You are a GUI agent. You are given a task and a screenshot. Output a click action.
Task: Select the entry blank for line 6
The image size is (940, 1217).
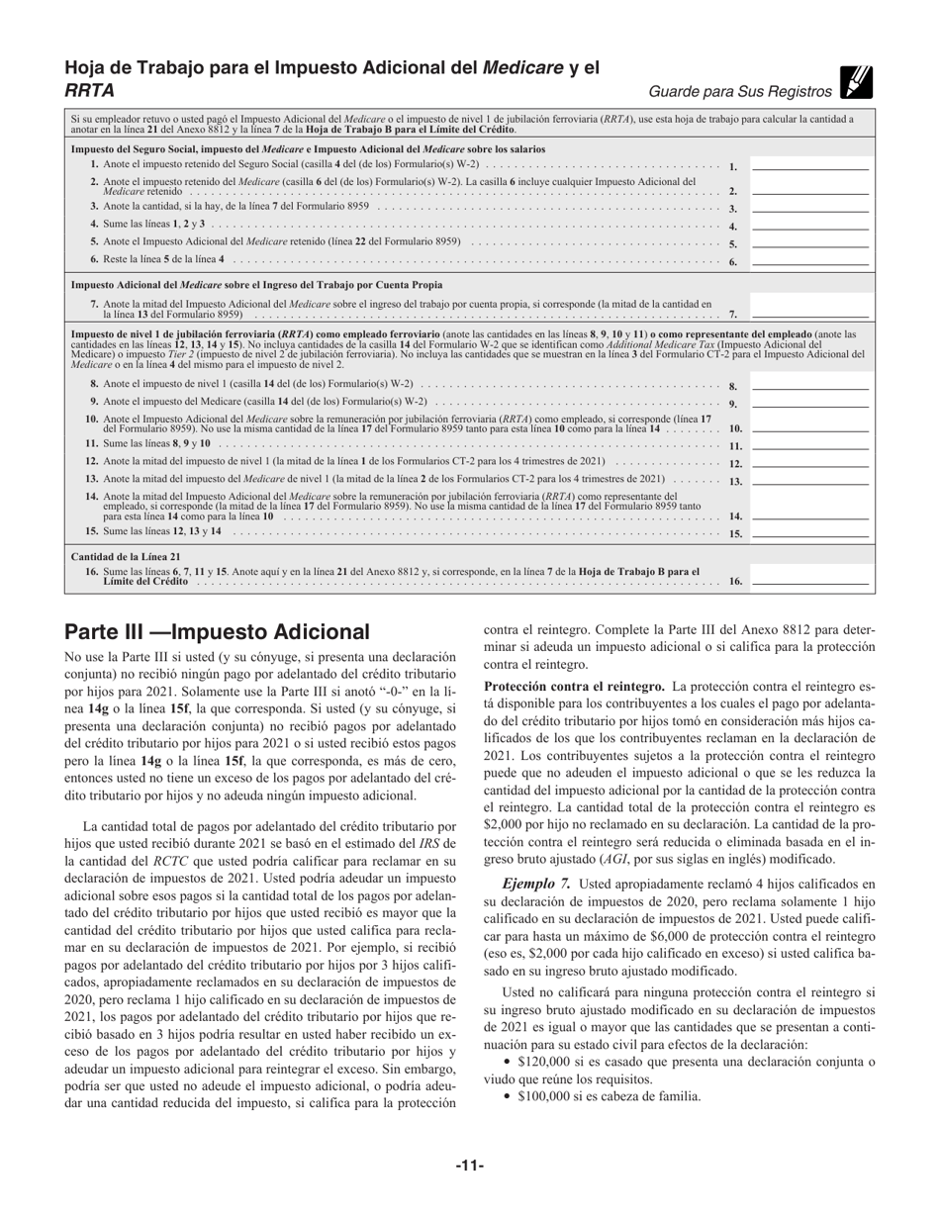click(809, 260)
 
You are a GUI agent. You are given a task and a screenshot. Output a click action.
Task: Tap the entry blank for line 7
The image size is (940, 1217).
click(809, 309)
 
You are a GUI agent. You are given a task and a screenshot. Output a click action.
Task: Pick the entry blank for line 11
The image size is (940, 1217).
click(809, 444)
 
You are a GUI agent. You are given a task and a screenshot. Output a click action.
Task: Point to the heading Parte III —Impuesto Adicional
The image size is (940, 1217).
click(217, 631)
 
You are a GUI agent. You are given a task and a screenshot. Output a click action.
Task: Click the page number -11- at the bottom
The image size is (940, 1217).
click(469, 1167)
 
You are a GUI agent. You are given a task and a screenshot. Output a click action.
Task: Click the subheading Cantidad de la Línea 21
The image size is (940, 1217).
click(125, 556)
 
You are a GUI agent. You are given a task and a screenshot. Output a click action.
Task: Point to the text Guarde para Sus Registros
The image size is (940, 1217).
click(740, 92)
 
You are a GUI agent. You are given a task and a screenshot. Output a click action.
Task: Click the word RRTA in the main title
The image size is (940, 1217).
click(89, 91)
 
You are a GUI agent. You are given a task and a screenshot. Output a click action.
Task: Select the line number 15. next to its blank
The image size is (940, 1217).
click(735, 533)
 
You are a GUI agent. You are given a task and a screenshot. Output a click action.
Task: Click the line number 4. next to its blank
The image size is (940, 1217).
click(733, 227)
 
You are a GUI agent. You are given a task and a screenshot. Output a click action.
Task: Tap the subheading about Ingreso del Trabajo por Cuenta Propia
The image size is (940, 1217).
click(256, 284)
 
